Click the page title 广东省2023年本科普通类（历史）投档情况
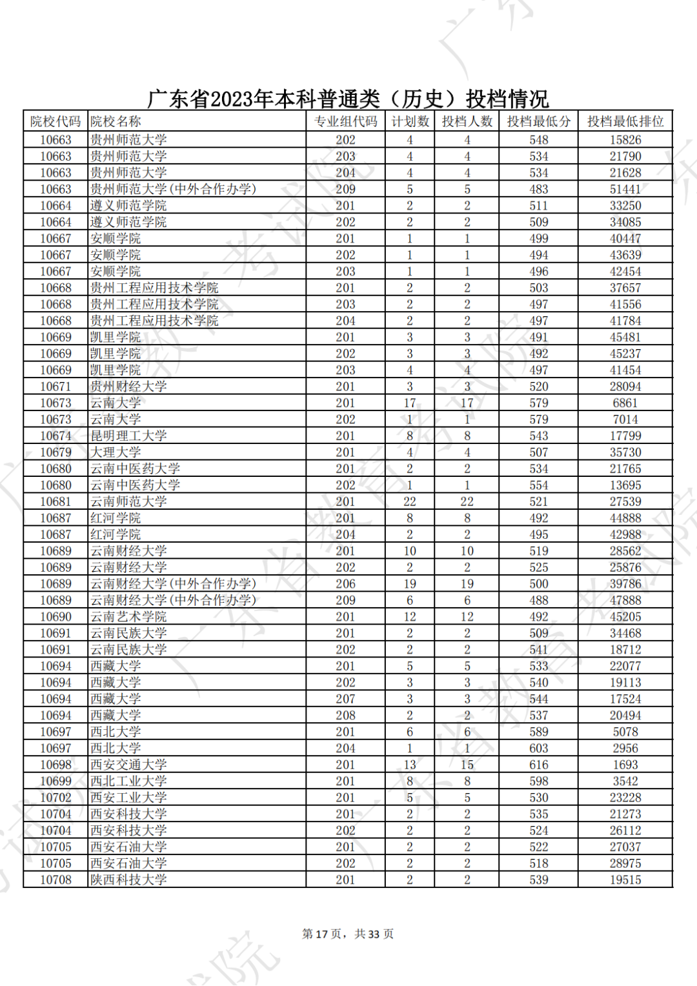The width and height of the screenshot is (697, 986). [348, 99]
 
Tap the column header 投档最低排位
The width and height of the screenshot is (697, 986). [625, 121]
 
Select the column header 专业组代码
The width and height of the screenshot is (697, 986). [345, 121]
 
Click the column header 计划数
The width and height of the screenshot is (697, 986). [410, 121]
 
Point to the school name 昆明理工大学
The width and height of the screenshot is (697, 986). [128, 436]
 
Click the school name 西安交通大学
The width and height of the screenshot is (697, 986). [128, 765]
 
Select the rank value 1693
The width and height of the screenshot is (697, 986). [625, 765]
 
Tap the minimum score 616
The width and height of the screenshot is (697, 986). [538, 765]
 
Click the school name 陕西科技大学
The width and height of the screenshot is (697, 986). [128, 880]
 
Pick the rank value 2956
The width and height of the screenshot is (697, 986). [625, 749]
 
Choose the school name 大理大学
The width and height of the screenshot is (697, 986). [116, 452]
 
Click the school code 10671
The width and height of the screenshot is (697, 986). [56, 387]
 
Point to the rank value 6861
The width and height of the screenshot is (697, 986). [625, 403]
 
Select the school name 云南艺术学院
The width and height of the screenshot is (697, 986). [128, 617]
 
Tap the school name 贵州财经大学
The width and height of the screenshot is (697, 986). [128, 387]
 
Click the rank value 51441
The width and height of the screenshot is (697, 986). [625, 189]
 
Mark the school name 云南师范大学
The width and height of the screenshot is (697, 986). [128, 501]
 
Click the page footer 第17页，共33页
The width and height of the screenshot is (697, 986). [348, 934]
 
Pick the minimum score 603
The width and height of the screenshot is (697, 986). [538, 749]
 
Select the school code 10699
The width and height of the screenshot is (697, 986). [56, 781]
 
